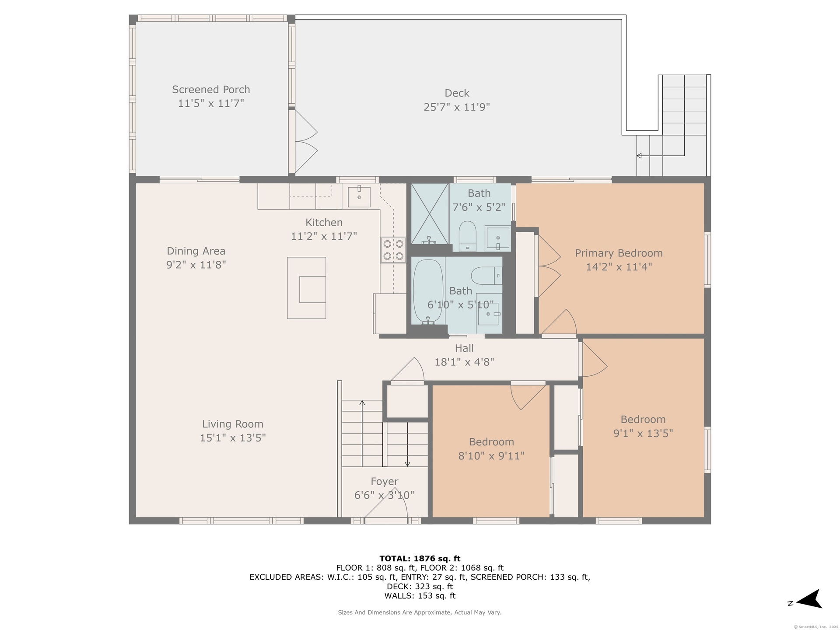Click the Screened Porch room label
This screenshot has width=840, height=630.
tap(211, 90)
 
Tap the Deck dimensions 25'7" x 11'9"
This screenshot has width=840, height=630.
tap(457, 107)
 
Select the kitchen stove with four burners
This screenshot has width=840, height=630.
tap(393, 250)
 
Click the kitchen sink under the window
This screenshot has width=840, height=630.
tap(359, 197)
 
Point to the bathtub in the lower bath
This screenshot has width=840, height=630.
tap(428, 292)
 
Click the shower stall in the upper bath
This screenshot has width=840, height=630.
tap(430, 213)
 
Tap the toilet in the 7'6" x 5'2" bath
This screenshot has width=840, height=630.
tap(467, 236)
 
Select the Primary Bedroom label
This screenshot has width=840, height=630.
tap(619, 253)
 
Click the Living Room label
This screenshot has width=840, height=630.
tap(233, 424)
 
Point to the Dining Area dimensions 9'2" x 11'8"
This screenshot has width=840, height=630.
tap(196, 265)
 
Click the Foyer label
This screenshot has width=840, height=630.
tap(385, 482)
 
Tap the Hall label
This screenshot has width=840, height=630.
tap(464, 348)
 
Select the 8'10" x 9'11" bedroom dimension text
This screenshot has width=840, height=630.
tap(491, 456)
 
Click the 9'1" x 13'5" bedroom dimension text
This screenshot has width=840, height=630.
tap(643, 433)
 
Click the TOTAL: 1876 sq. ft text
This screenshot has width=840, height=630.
tap(420, 559)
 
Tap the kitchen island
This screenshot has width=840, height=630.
tap(307, 288)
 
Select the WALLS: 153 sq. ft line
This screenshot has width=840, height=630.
tap(420, 596)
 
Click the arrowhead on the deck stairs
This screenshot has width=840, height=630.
tap(639, 156)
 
